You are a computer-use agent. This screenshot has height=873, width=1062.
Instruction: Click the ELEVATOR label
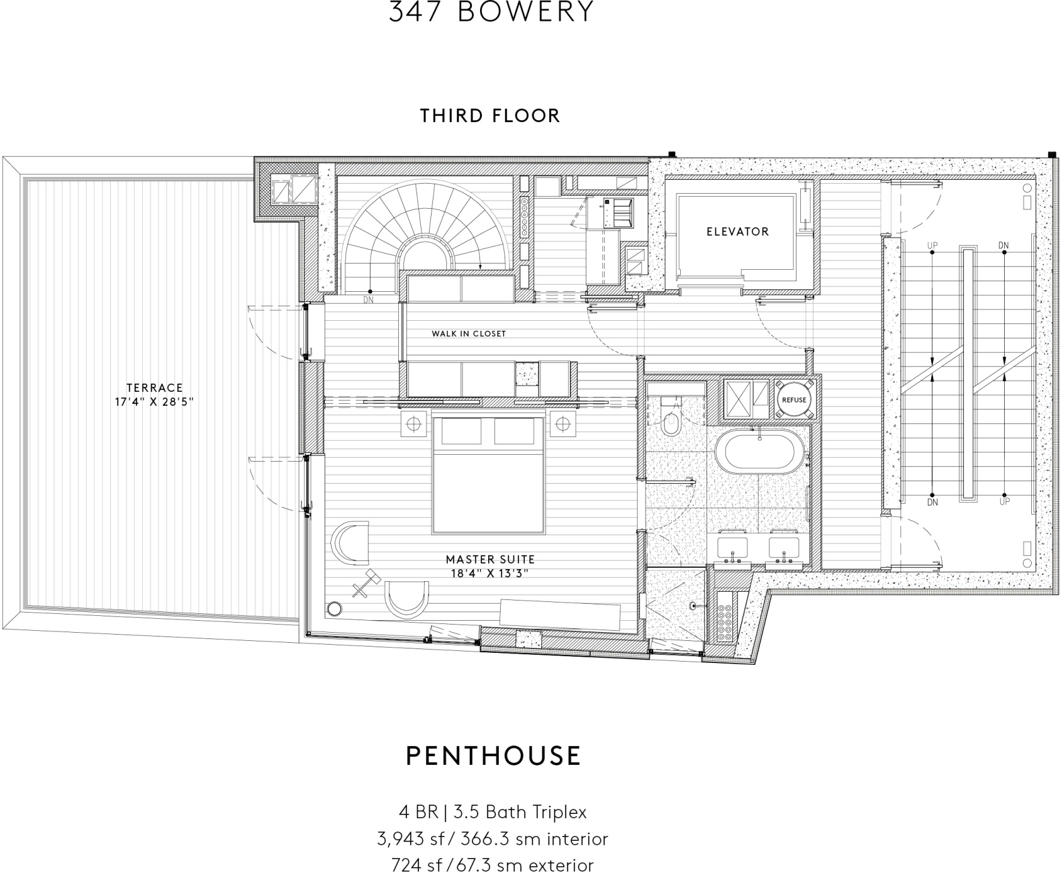tap(737, 231)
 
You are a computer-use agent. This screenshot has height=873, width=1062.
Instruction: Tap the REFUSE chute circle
tap(793, 400)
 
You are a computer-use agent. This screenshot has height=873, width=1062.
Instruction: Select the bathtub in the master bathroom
tap(759, 453)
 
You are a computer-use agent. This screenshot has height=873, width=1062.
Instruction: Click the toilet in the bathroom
tap(671, 421)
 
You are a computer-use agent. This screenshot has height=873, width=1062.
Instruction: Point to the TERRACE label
tap(154, 388)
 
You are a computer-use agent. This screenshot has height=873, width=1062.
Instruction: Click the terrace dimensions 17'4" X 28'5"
tap(154, 402)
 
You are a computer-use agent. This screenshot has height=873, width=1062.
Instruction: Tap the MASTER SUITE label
tap(490, 559)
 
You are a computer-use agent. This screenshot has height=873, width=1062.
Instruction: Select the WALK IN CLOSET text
tap(468, 334)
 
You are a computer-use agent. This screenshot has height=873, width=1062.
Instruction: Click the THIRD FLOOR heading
tap(490, 116)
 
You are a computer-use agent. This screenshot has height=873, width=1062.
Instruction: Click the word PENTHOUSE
tap(493, 755)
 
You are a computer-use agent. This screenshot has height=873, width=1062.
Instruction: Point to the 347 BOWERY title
tap(491, 11)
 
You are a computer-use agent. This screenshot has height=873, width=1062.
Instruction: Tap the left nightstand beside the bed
tap(413, 424)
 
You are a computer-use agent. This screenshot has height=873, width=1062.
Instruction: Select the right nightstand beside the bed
tap(562, 424)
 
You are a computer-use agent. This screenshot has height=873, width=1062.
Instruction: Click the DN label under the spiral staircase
tap(369, 300)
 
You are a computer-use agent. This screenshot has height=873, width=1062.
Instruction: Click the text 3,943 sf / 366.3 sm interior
tap(492, 839)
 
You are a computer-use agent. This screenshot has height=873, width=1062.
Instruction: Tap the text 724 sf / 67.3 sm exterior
tap(492, 865)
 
